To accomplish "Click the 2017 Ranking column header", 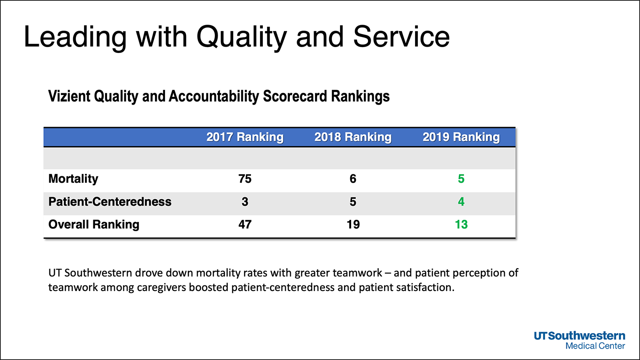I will click(245, 137).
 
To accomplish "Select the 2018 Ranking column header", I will click(352, 137).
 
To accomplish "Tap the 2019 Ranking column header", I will click(461, 137).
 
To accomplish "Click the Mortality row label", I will click(73, 179).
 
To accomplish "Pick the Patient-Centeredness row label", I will click(110, 201).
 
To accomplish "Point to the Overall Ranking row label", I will click(94, 224).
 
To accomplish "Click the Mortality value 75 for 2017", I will click(245, 179).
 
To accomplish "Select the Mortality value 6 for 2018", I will click(352, 179).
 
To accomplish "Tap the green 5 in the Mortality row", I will click(461, 179).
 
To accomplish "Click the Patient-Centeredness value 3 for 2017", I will click(245, 201).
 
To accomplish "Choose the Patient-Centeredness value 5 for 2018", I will click(352, 201).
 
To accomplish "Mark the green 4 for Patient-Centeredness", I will click(461, 201).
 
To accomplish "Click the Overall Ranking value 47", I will click(245, 224).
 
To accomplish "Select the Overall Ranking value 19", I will click(352, 224).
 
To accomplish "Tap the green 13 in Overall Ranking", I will click(461, 224).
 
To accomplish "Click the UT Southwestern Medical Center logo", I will click(579, 340).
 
